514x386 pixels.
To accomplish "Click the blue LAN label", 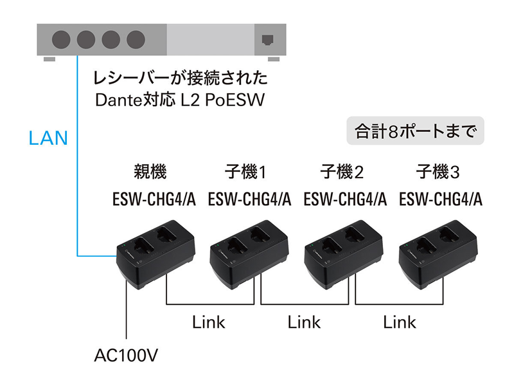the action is click(x=48, y=138).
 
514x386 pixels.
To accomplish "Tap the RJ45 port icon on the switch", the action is click(x=267, y=40).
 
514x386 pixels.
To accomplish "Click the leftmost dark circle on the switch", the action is click(x=61, y=40).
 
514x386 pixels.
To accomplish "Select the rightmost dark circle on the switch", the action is click(x=136, y=40).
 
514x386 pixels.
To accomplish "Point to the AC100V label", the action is click(x=126, y=355).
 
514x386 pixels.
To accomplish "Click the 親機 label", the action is click(x=150, y=171).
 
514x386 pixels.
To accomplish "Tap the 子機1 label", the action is click(x=245, y=172).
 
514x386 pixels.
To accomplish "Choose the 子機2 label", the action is click(x=342, y=172).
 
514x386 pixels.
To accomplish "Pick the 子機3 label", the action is click(x=438, y=172).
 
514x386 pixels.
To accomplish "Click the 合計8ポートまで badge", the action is click(x=415, y=131).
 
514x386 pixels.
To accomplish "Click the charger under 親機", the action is click(x=156, y=254).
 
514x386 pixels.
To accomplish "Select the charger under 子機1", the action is click(x=249, y=254).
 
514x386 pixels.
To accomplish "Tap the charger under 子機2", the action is click(x=344, y=254).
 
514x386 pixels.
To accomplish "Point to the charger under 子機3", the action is click(x=438, y=254).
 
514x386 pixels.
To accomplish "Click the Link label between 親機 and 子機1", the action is click(x=209, y=322).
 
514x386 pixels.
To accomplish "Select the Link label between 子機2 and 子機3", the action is click(x=400, y=322).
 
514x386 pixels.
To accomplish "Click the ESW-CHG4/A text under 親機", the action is click(x=154, y=199).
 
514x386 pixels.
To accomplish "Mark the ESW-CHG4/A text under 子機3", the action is click(x=441, y=199).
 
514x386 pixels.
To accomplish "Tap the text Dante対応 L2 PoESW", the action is click(x=180, y=100).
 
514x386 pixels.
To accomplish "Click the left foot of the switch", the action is click(x=49, y=59).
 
